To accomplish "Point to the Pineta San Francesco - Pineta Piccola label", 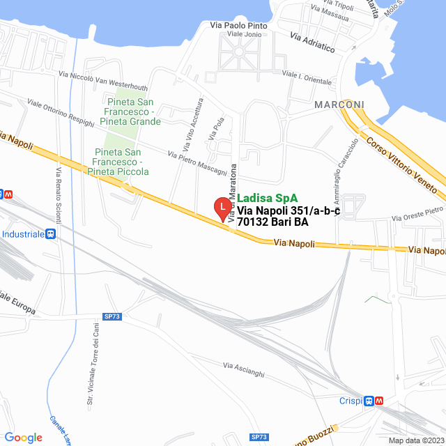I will tap(123, 161).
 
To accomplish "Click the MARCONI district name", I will tap(339, 105).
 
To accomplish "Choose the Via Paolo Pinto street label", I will tap(238, 26).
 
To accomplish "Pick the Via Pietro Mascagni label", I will tap(197, 162).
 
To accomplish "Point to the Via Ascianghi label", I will tap(244, 370).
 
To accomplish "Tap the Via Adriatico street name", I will tap(313, 44).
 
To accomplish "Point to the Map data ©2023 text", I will tap(416, 440).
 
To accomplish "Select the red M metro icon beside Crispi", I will tap(378, 401).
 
